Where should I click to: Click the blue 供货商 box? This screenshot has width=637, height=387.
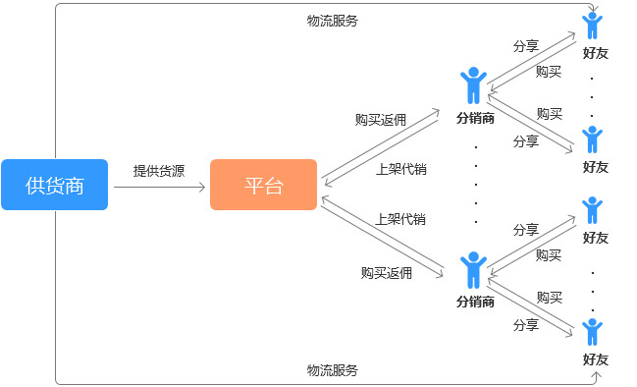[54, 185]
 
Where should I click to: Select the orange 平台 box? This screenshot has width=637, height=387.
[263, 185]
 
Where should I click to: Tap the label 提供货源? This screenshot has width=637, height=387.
[159, 170]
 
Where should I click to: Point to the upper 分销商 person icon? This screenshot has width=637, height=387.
[474, 85]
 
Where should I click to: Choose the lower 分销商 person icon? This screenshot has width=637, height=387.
[474, 269]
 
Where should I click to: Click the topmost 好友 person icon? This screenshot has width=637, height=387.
[592, 25]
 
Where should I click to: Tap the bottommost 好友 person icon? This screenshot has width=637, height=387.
[592, 331]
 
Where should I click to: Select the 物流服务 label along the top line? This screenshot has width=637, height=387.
[332, 20]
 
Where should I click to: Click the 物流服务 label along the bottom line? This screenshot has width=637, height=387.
[332, 370]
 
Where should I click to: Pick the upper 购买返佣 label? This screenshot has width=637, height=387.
[381, 120]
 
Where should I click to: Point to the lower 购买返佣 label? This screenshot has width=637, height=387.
[386, 273]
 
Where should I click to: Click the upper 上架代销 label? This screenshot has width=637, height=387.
[400, 169]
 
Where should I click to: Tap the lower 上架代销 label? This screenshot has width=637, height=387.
[400, 219]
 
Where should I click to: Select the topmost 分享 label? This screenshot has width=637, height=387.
[526, 46]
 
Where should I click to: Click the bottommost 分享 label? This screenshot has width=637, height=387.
[526, 325]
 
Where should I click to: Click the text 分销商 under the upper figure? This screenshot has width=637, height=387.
[475, 118]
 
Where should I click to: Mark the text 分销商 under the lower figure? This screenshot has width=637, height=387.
[475, 302]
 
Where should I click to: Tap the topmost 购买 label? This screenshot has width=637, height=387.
[549, 72]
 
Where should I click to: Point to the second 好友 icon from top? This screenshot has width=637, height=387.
[592, 138]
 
